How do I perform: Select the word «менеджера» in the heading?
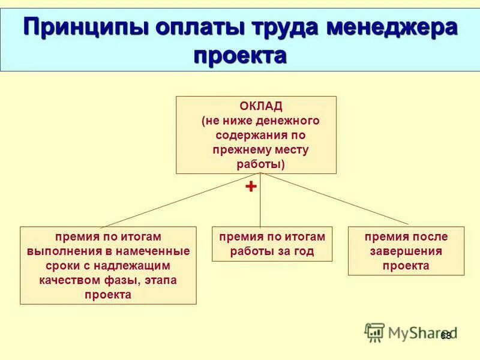tap(392, 29)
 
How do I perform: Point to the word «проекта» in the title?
tap(240, 56)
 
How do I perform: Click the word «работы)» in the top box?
tap(256, 164)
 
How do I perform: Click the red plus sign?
tap(251, 187)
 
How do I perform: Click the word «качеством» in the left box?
tap(67, 280)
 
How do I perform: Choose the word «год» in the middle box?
tap(301, 251)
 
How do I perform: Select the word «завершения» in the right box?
tap(406, 251)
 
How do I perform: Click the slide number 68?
tap(446, 335)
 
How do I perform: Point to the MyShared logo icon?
tap(374, 332)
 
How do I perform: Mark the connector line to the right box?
tap(336, 199)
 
